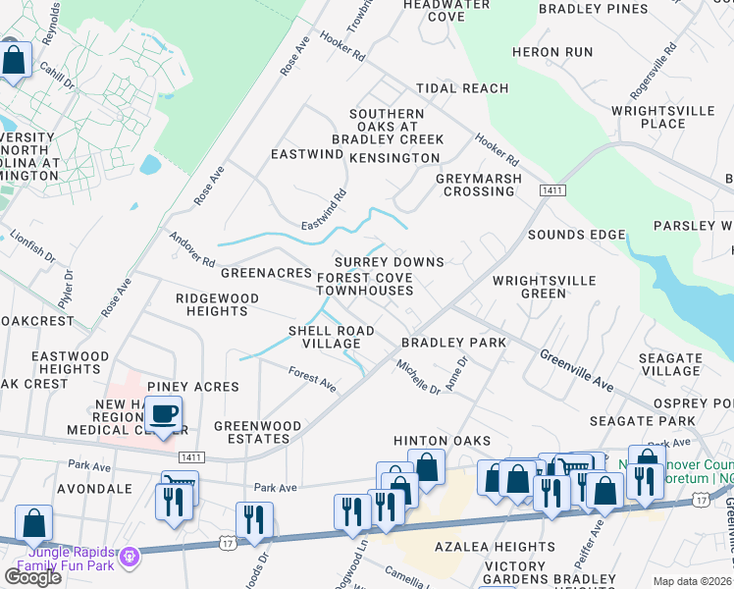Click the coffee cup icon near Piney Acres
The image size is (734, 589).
point(165,414)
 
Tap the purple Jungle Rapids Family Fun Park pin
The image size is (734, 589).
point(130,559)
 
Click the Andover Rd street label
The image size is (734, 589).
point(191,249)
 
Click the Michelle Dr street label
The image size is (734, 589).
point(418,377)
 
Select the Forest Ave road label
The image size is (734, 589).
point(312,379)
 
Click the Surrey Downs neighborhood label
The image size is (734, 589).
point(390,262)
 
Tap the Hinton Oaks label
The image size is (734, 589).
point(442,442)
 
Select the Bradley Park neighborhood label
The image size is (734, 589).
point(453,343)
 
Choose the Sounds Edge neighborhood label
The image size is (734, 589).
point(576,235)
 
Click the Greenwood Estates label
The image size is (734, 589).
point(257,432)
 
